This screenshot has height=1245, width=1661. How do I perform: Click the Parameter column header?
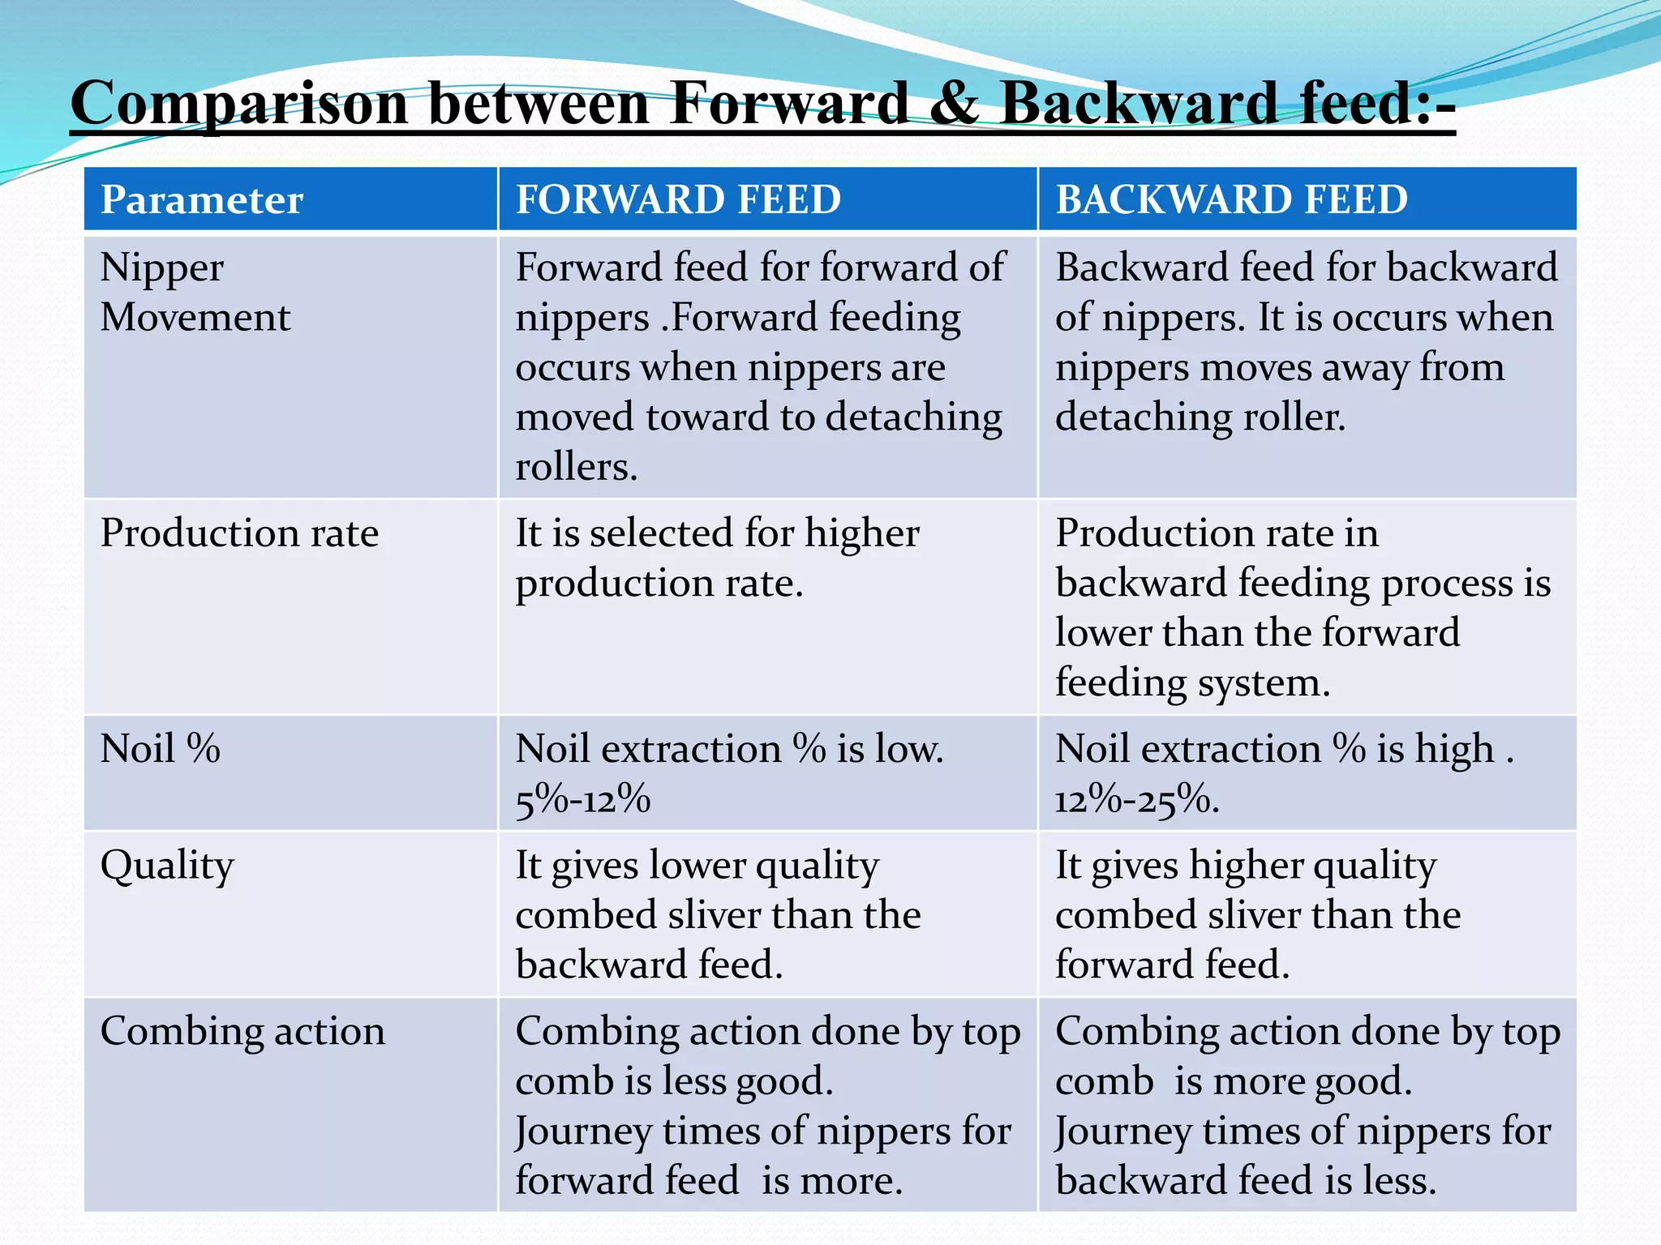coord(202,199)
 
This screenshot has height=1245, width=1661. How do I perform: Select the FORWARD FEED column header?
coord(678,199)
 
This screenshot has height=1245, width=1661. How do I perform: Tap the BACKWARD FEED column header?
coord(1231,199)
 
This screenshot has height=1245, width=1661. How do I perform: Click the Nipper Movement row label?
coord(195,292)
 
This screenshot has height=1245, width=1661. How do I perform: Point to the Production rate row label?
coord(239,533)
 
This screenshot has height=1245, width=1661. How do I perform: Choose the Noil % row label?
coord(160,748)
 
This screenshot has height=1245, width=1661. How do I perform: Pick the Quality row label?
coord(167,866)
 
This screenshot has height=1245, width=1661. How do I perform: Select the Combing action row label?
coord(242,1032)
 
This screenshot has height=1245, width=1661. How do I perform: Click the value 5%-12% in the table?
coord(582,800)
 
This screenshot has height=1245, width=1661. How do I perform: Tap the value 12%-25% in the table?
coord(1135,800)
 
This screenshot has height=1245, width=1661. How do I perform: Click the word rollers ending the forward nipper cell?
coord(576,467)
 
